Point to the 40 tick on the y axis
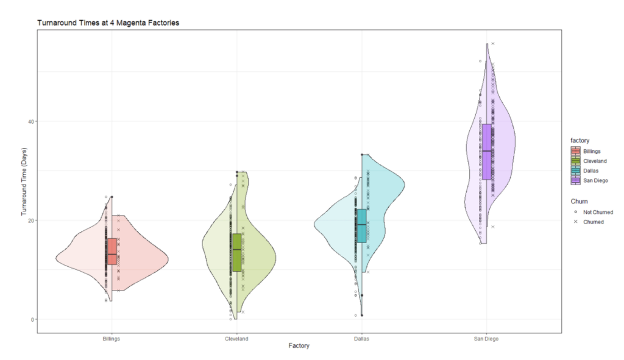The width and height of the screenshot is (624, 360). click(31, 121)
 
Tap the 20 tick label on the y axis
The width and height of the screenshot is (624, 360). click(31, 220)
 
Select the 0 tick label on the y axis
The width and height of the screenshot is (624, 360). click(33, 319)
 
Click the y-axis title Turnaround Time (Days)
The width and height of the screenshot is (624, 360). click(25, 182)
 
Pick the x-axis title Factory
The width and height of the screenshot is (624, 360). click(299, 346)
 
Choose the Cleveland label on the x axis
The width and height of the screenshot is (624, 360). click(236, 339)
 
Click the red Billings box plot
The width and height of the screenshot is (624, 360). click(112, 251)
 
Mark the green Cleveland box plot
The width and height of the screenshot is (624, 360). click(236, 252)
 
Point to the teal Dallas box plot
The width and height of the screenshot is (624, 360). click(361, 225)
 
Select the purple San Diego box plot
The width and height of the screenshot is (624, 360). click(486, 151)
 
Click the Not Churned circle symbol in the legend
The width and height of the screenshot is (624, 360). click(576, 212)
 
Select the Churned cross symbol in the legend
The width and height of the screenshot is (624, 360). click(576, 222)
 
